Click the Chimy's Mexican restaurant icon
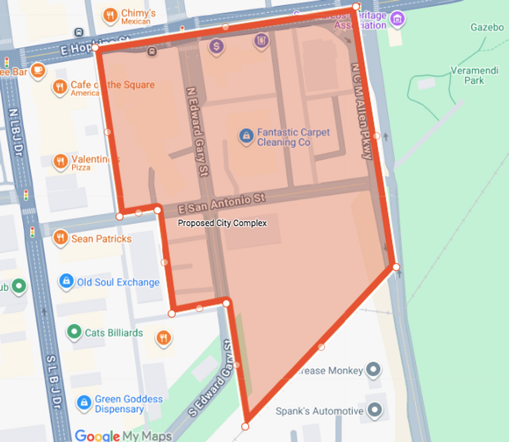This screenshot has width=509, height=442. (110, 17)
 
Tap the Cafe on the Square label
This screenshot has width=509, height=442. (112, 85)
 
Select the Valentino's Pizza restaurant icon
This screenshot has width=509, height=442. (61, 161)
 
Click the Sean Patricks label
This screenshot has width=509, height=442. (101, 239)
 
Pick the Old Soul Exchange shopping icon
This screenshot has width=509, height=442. (66, 281)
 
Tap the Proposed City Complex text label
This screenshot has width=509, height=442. (222, 223)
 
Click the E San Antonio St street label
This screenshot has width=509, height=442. (221, 203)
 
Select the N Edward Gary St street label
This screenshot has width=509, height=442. (197, 132)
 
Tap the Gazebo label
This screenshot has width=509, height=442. (487, 28)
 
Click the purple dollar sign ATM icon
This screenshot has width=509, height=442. (217, 45)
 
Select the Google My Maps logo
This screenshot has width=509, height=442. (123, 435)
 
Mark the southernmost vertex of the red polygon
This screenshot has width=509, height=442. (245, 426)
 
